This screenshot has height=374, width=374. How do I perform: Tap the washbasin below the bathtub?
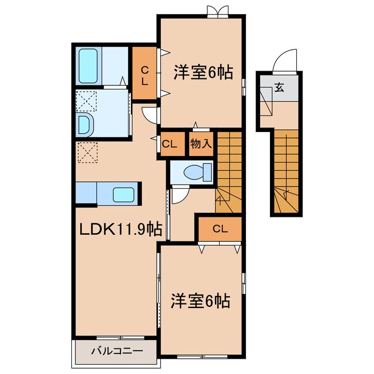(x=85, y=124)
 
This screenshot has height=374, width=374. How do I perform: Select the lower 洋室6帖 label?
(x=200, y=302)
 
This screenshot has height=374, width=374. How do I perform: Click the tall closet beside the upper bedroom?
(x=144, y=72)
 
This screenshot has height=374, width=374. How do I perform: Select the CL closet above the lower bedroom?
(x=220, y=228)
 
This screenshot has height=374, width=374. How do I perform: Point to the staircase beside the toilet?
(x=229, y=169)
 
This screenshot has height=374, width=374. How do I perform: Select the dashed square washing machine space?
(x=86, y=102)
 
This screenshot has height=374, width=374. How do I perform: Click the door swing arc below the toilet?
(x=179, y=194)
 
